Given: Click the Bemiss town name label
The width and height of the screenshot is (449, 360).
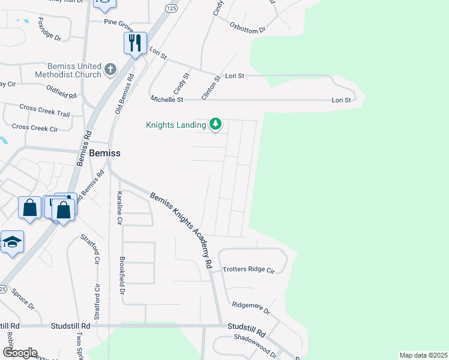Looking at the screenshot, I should [x=104, y=153].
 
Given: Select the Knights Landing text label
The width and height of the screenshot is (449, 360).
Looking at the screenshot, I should [x=176, y=125].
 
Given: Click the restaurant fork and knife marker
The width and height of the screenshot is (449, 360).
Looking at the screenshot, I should [x=135, y=43].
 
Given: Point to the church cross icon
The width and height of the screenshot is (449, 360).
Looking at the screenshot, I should [x=110, y=70].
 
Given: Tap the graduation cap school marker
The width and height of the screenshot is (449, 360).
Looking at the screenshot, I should [x=12, y=242].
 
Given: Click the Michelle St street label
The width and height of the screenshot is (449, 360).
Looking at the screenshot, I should [x=166, y=99].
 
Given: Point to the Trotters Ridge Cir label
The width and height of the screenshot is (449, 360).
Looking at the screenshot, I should [x=248, y=269].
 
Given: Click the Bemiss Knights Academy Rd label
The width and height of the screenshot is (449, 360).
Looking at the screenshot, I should [x=181, y=230].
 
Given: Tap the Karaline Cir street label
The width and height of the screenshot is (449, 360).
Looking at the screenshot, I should [x=119, y=208].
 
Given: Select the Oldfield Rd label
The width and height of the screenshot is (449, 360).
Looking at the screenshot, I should [x=61, y=92].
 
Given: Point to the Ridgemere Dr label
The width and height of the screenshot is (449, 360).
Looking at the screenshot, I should [x=251, y=308].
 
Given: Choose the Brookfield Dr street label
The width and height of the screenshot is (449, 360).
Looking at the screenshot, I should [x=122, y=275].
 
